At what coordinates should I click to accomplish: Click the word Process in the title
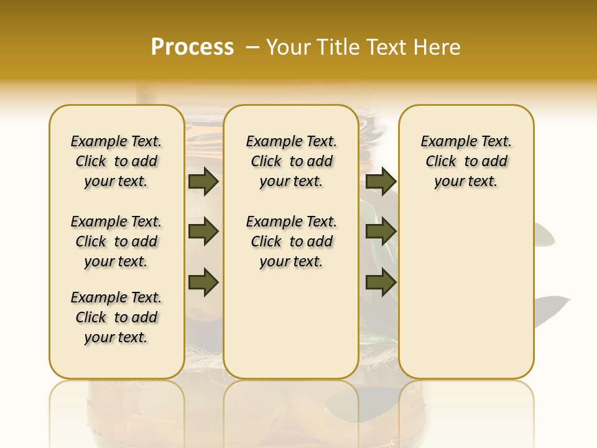pos(192,47)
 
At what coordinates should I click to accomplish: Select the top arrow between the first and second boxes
pos(203,182)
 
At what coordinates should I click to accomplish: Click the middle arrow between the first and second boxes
pos(203,232)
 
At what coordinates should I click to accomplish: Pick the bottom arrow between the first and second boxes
pos(203,282)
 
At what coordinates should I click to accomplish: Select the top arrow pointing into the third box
pos(381,182)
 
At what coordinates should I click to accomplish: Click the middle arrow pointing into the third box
pos(381,232)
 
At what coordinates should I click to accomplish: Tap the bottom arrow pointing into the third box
pos(381,282)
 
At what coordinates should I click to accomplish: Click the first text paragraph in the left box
pos(116,161)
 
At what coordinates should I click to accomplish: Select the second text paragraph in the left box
pos(116,241)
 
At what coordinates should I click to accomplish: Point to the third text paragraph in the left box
pos(116,317)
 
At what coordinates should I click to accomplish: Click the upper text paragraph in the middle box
pos(291,161)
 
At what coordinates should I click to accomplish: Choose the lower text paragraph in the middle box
pos(291,241)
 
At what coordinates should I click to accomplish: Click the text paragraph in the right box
pos(466,161)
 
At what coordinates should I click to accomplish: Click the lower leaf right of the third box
pos(550,307)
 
